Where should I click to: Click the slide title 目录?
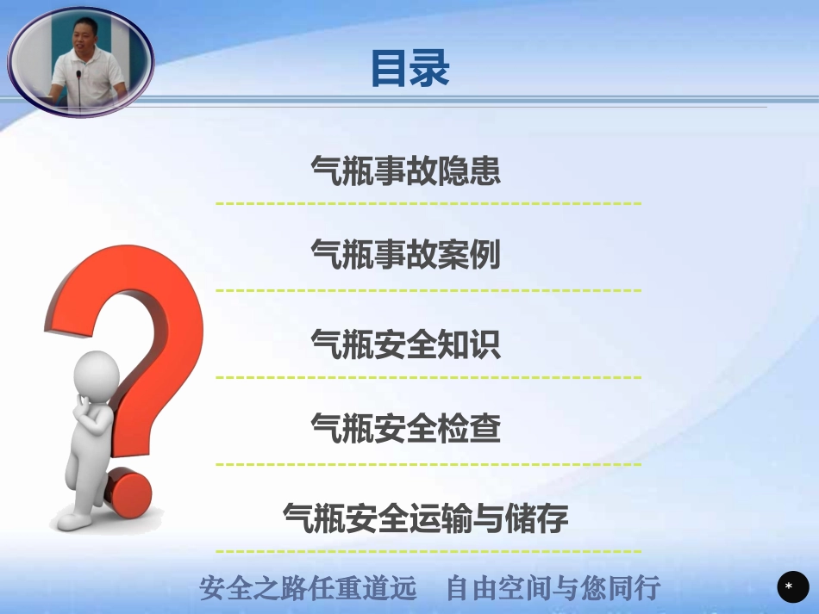click(409, 68)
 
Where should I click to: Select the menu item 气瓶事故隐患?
click(405, 171)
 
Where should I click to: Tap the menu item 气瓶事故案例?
click(405, 255)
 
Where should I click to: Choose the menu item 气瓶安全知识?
click(405, 344)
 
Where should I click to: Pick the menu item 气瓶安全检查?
click(405, 427)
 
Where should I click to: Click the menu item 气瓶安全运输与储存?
click(426, 518)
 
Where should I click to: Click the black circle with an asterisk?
click(789, 586)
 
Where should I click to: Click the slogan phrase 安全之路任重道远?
click(308, 589)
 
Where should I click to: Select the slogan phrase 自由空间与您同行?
click(553, 589)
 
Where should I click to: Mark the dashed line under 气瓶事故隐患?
click(428, 204)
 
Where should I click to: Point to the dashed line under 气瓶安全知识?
click(428, 377)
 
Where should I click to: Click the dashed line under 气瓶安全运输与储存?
click(428, 551)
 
